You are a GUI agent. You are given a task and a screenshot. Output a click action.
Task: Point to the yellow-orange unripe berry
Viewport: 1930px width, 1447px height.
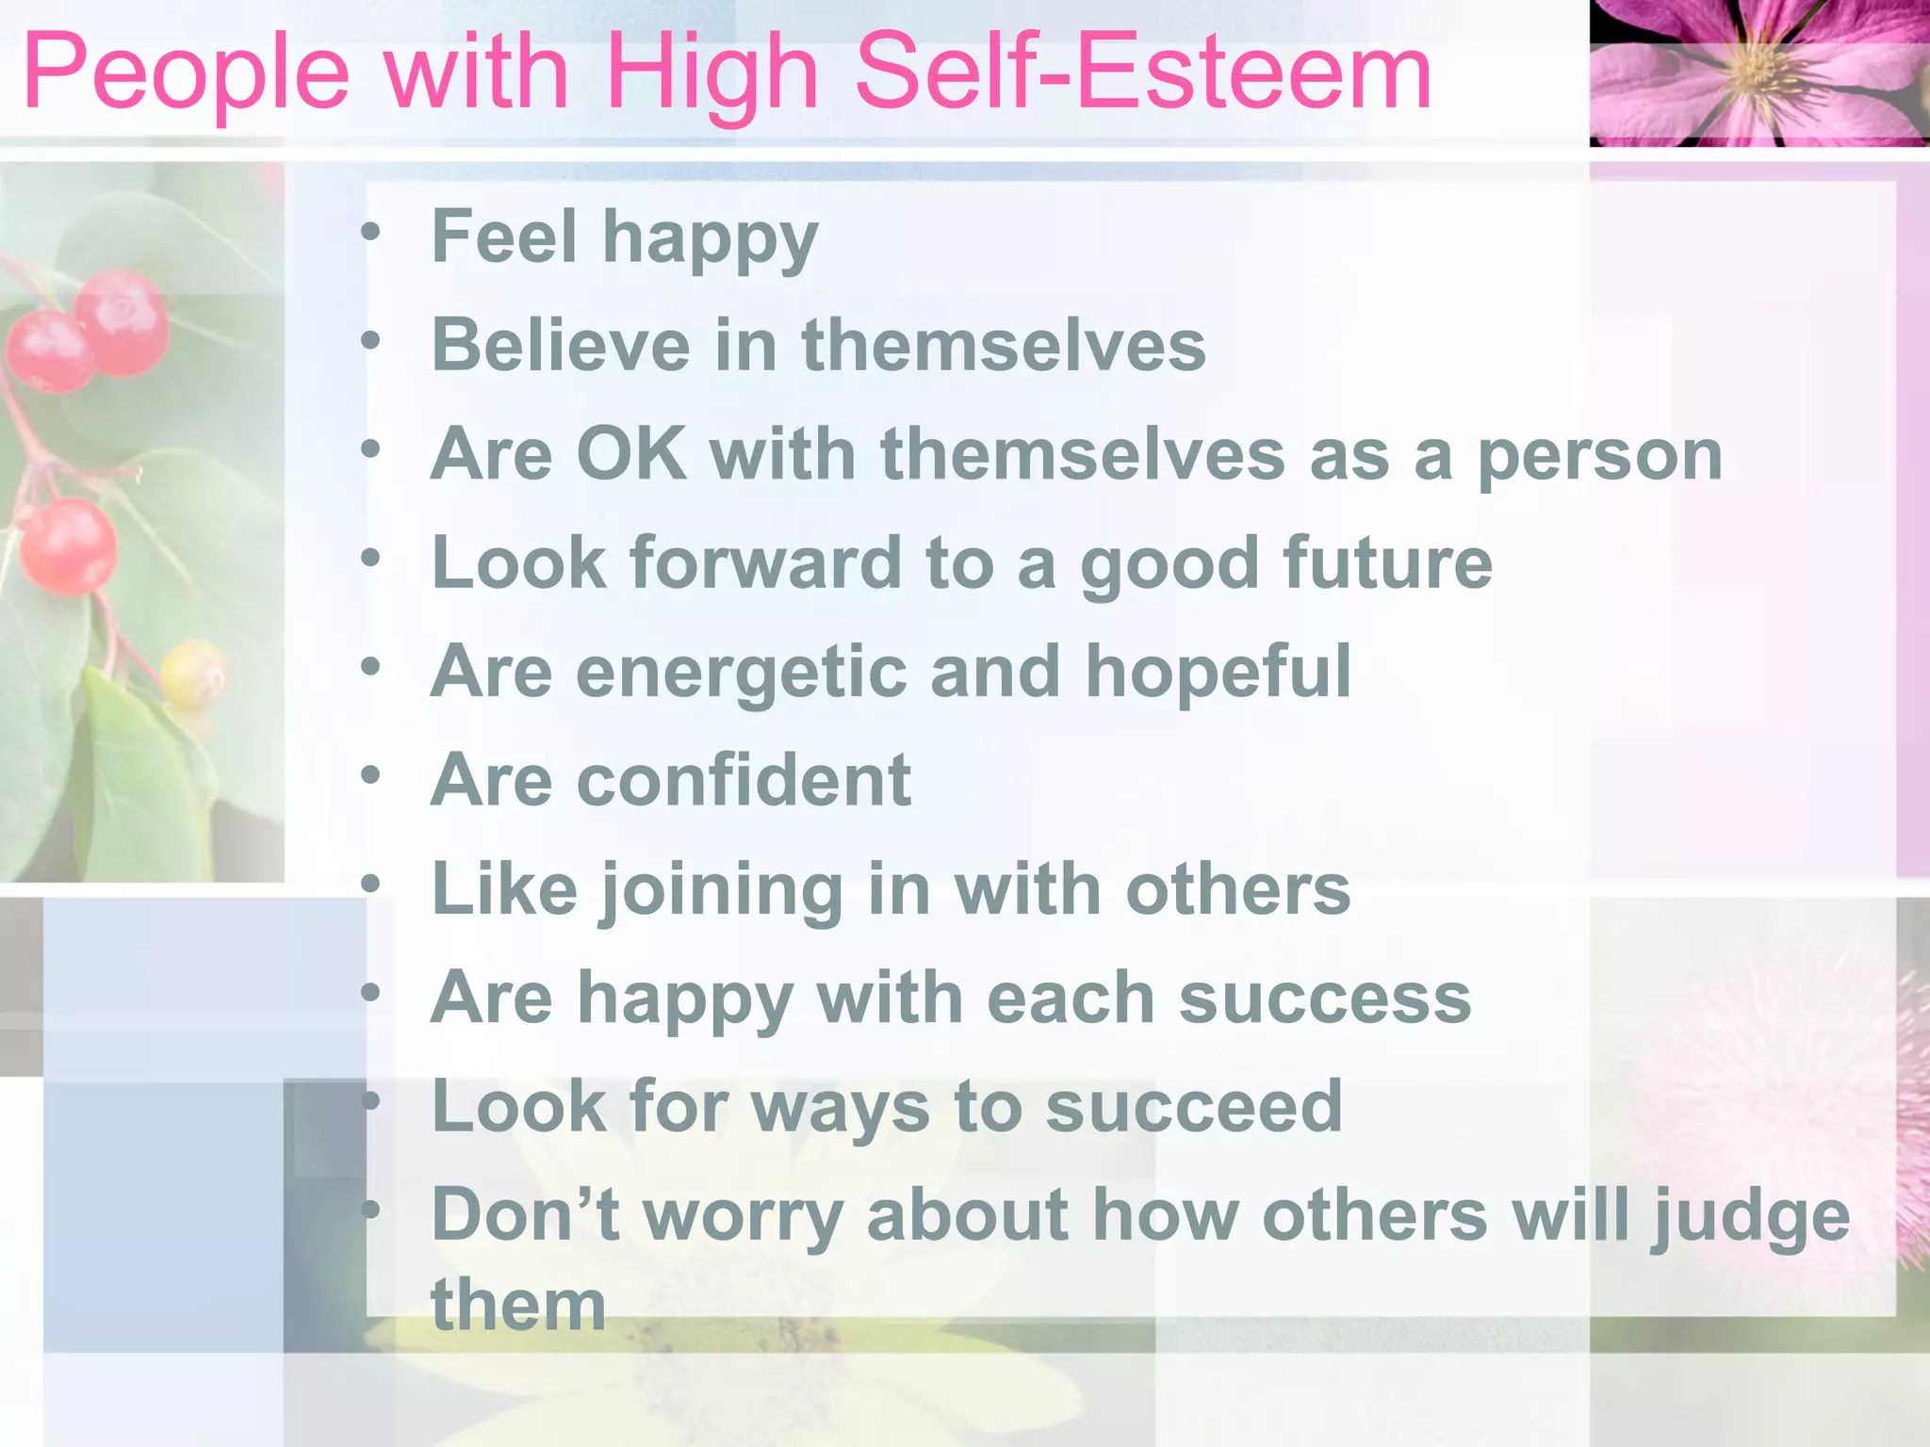pos(194,674)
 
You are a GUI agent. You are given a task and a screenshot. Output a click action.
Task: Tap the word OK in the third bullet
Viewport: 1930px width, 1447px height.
pos(630,454)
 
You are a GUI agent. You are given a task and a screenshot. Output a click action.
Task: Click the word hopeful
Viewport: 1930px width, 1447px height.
pos(1219,673)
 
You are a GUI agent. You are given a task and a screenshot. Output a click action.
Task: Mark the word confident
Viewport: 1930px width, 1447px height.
pos(744,781)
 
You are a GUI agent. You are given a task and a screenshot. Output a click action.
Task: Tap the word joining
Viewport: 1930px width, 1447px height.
pos(722,891)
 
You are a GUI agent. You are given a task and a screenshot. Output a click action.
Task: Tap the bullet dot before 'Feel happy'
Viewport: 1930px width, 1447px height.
pos(371,231)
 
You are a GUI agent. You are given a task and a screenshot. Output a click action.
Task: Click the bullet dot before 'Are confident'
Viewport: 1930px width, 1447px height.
pos(371,775)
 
